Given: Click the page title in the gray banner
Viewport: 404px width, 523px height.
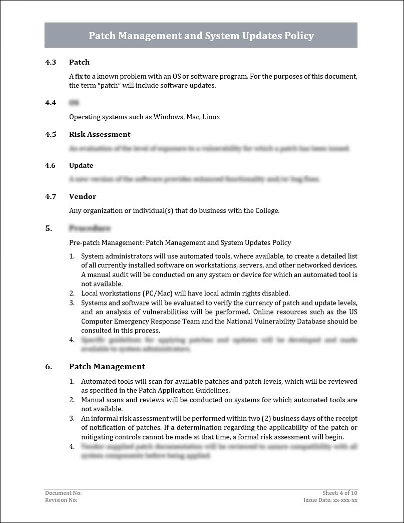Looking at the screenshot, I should pyautogui.click(x=201, y=36).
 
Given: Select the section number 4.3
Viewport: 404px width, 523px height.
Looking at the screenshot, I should pyautogui.click(x=51, y=62).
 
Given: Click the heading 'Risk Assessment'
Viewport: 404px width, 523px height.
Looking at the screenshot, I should pyautogui.click(x=100, y=134).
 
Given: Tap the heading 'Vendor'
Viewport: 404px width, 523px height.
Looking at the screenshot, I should pyautogui.click(x=83, y=196).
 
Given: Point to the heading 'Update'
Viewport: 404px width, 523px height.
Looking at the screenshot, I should pyautogui.click(x=81, y=165).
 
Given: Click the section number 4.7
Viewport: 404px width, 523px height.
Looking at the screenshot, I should pyautogui.click(x=51, y=196).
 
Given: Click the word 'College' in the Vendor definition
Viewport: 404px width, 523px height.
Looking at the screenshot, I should pyautogui.click(x=265, y=210).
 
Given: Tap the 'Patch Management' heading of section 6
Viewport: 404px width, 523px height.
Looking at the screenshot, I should pyautogui.click(x=107, y=366).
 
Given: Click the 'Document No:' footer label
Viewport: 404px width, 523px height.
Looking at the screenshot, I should pyautogui.click(x=63, y=493).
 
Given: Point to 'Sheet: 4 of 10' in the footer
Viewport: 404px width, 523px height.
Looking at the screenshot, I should pyautogui.click(x=340, y=493).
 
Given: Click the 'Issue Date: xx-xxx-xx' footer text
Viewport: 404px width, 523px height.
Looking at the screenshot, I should pyautogui.click(x=330, y=500).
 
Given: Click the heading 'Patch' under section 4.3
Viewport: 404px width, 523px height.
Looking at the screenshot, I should pyautogui.click(x=79, y=62).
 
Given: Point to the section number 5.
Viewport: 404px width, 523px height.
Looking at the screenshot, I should pyautogui.click(x=49, y=228).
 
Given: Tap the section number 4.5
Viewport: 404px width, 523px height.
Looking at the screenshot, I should pyautogui.click(x=51, y=134).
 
